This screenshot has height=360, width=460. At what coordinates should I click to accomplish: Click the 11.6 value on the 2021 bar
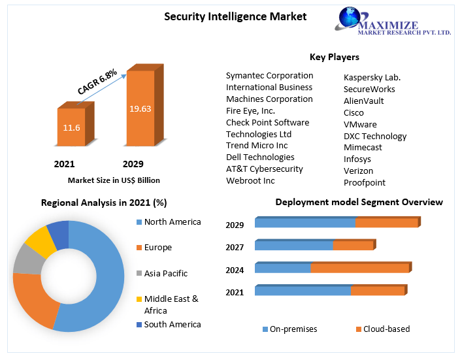tap(72, 127)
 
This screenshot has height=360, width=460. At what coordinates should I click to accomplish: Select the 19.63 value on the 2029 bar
tap(140, 108)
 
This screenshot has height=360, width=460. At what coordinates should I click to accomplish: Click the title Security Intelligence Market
tap(235, 17)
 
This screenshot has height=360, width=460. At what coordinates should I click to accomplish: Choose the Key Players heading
tap(334, 57)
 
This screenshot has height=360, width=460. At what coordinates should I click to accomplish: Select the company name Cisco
tap(353, 112)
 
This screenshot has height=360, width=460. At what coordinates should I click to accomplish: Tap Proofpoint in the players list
tap(365, 182)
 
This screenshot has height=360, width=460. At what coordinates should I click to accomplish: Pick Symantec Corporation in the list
tap(269, 75)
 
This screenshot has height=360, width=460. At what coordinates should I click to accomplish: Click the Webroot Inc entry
tap(250, 180)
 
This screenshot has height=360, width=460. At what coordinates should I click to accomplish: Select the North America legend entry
tap(172, 222)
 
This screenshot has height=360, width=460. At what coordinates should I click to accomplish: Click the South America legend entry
tap(172, 324)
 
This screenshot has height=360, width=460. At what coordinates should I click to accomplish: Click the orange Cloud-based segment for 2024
tap(359, 267)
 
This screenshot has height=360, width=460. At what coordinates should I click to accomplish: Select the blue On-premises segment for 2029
tap(304, 223)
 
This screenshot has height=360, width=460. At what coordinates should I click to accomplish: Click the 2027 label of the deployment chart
tap(235, 247)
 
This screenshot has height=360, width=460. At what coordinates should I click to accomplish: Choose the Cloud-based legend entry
tap(386, 329)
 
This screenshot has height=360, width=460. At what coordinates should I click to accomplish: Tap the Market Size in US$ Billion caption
tap(114, 180)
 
